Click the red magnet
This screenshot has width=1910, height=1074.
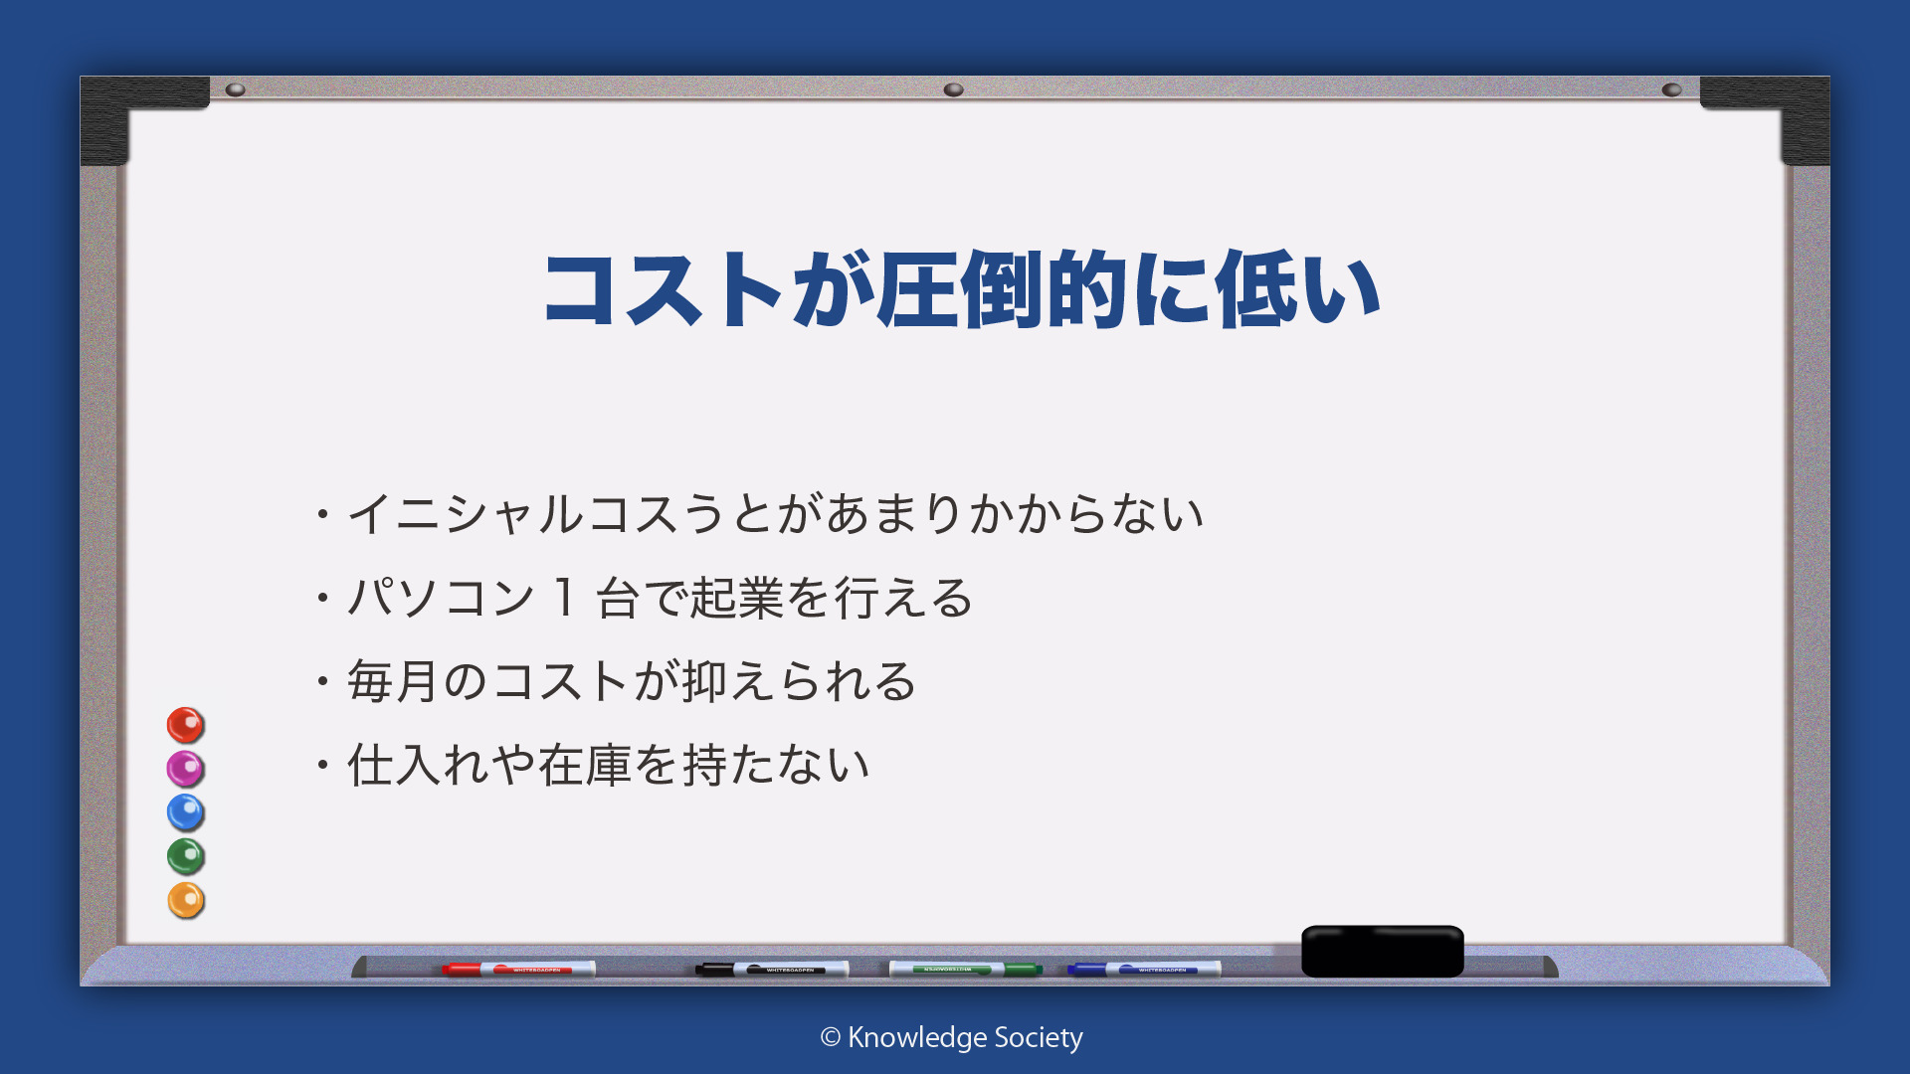[x=185, y=725]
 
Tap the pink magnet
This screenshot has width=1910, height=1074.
[x=185, y=769]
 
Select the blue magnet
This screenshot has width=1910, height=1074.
[x=185, y=812]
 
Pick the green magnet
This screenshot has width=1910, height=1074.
[x=185, y=856]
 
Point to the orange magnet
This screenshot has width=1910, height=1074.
[x=185, y=900]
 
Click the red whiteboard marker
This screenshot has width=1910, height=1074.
[x=518, y=969]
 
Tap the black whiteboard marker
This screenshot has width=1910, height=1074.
[x=772, y=969]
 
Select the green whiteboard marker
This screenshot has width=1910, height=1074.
[x=965, y=969]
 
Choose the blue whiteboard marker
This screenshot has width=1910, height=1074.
[x=1144, y=969]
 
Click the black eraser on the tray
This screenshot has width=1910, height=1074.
[x=1383, y=952]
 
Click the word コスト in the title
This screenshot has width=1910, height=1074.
[x=663, y=289]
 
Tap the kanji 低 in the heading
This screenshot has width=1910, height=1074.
[x=1255, y=289]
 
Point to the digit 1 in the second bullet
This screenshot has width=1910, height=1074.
[x=564, y=597]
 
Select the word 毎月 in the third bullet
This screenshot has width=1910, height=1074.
[x=393, y=681]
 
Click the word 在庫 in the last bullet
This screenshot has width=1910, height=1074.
[x=586, y=765]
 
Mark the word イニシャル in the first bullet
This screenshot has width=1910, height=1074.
[x=465, y=514]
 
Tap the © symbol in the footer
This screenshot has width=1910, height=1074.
[x=831, y=1037]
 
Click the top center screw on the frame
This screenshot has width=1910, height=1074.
[x=953, y=89]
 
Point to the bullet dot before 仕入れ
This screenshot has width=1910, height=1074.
[x=322, y=765]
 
